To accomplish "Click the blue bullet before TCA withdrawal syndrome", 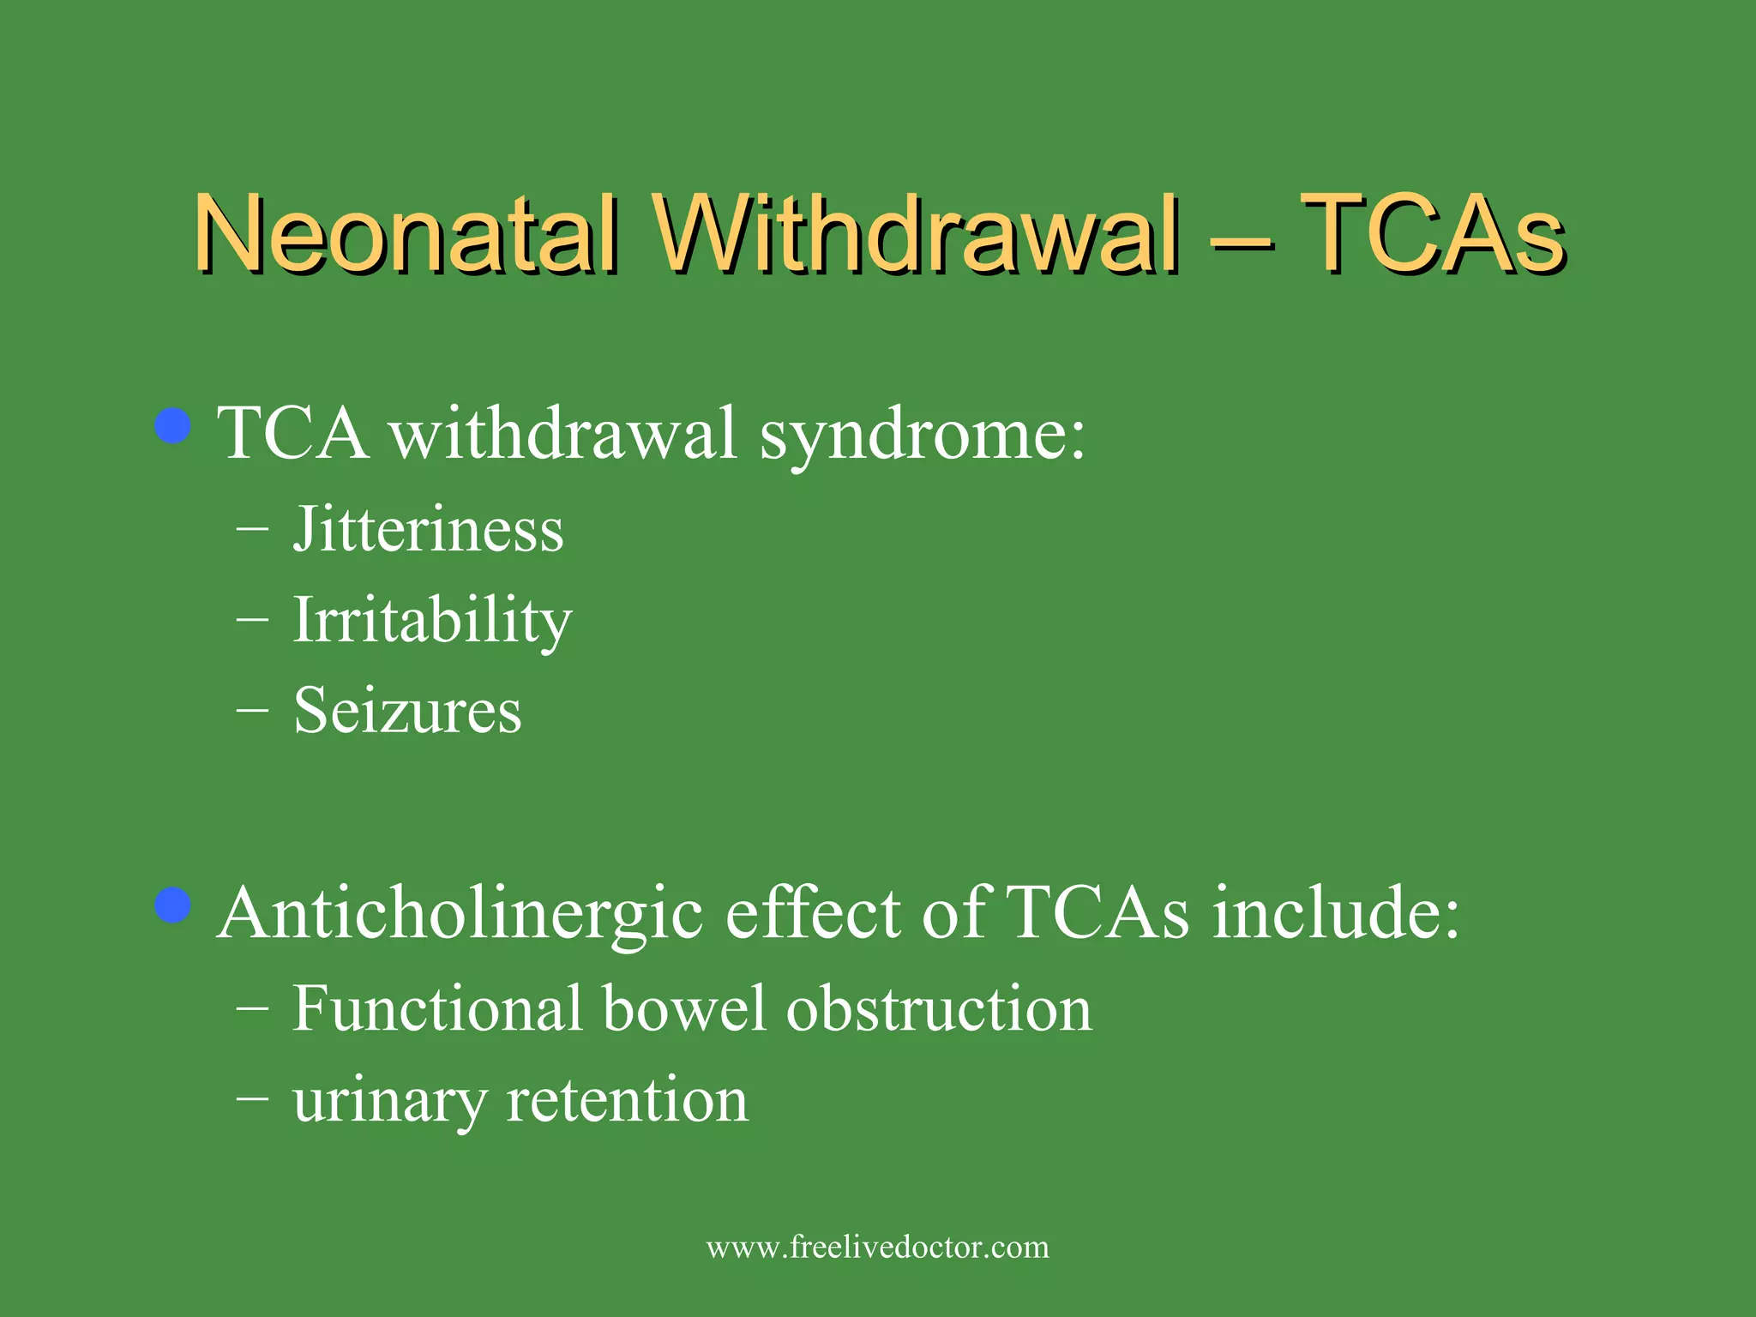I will [173, 426].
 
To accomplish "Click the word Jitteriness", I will [428, 529].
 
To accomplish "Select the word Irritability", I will [432, 620].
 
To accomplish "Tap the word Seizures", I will [407, 711].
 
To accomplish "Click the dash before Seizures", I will [252, 710].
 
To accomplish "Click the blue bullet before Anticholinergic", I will [173, 905].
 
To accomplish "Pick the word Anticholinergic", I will [460, 914].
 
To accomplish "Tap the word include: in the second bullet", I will [1335, 912].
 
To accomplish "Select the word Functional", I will [437, 1008].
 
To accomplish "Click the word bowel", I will [683, 1008].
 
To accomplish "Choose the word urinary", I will [389, 1101].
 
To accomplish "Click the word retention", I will [627, 1099].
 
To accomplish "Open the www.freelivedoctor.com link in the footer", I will [877, 1247].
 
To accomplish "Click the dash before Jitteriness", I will [252, 529].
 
